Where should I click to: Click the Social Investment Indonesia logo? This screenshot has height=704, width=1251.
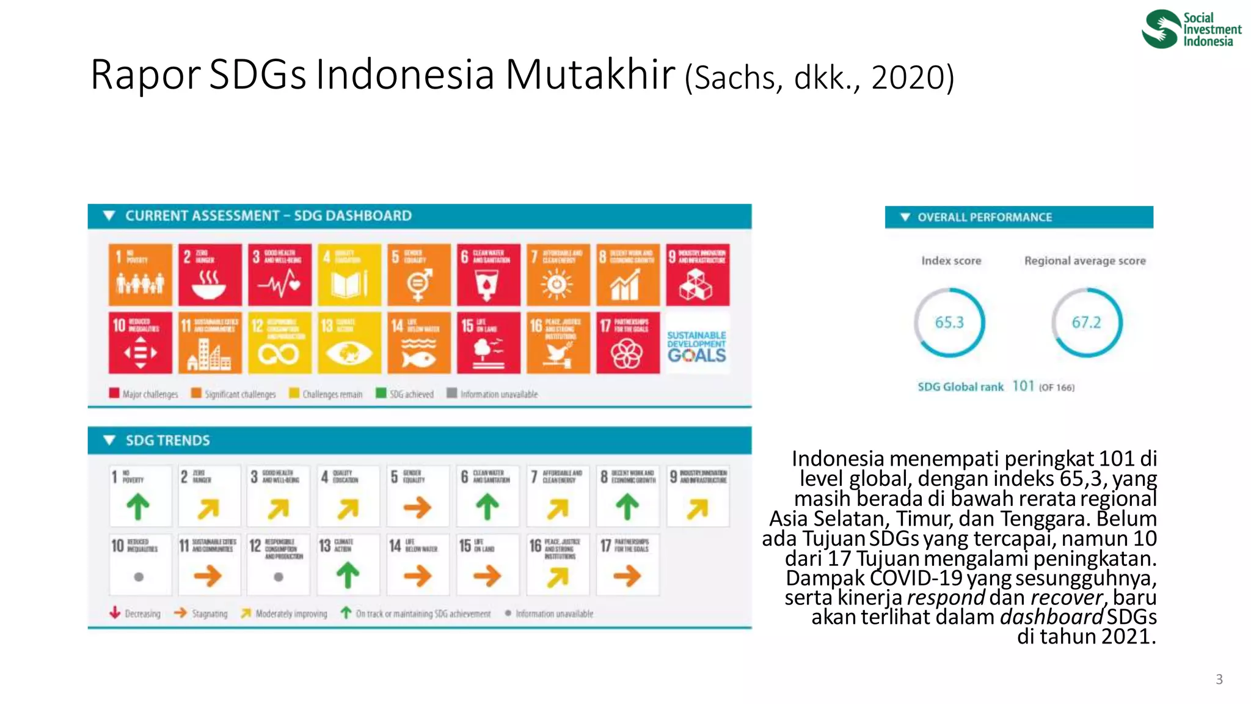1191,29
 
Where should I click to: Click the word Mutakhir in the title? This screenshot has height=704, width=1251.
590,75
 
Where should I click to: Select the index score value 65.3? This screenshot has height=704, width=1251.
949,322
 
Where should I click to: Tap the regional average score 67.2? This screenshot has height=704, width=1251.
1086,322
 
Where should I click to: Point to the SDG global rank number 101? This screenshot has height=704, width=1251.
1023,386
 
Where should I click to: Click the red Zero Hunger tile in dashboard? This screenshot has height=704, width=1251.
210,275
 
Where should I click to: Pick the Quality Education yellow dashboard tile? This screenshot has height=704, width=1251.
349,275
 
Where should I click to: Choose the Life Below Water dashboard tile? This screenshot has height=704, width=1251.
418,343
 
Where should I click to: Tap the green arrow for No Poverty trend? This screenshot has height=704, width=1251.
138,507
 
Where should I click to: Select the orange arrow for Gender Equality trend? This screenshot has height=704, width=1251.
418,507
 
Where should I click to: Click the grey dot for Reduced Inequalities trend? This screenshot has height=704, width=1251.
139,576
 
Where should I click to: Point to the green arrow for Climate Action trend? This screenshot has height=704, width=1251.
348,575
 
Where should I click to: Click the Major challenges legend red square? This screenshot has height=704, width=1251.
114,393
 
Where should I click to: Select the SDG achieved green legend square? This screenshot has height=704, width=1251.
381,393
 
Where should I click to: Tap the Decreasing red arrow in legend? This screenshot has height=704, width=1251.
115,612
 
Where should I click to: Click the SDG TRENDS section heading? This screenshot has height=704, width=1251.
167,441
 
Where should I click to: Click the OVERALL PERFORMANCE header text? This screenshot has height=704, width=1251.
984,218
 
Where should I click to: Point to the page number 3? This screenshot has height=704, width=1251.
1219,679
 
